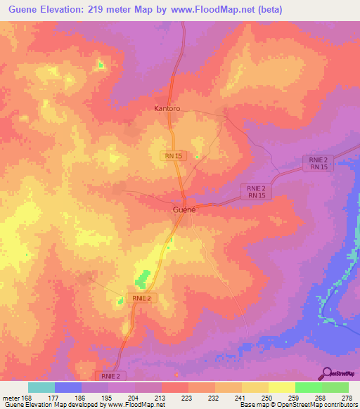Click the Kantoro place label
(x=167, y=109)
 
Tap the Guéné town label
(x=184, y=209)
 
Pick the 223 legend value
(x=188, y=397)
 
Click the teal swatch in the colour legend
(x=41, y=387)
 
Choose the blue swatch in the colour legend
(x=67, y=387)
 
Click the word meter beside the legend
(x=10, y=397)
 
